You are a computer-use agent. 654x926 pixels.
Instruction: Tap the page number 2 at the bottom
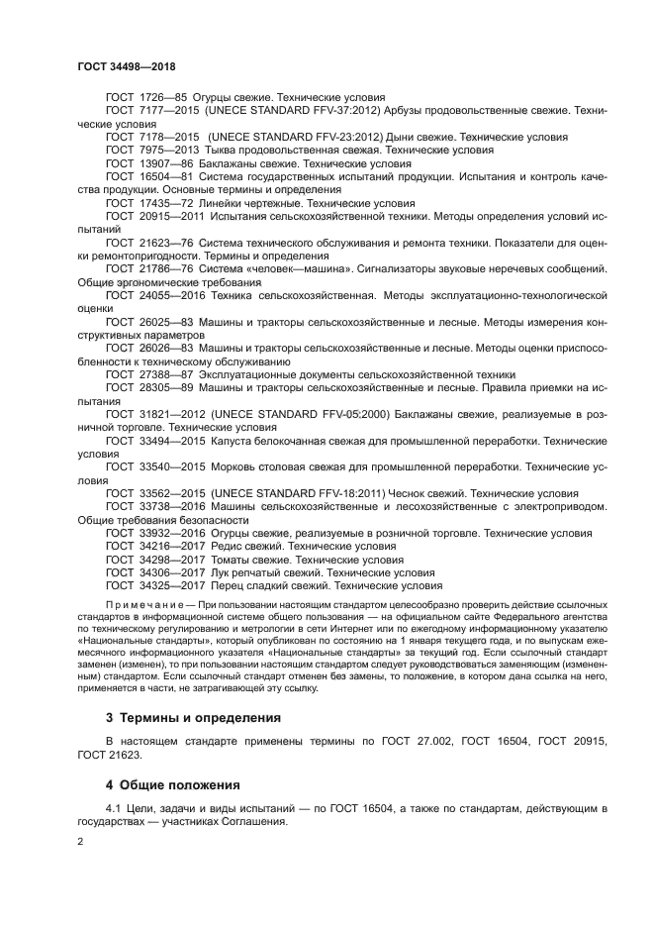click(x=81, y=841)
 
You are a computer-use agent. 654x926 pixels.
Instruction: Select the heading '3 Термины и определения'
click(x=193, y=717)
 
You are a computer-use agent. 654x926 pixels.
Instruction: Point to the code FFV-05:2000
click(x=355, y=413)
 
